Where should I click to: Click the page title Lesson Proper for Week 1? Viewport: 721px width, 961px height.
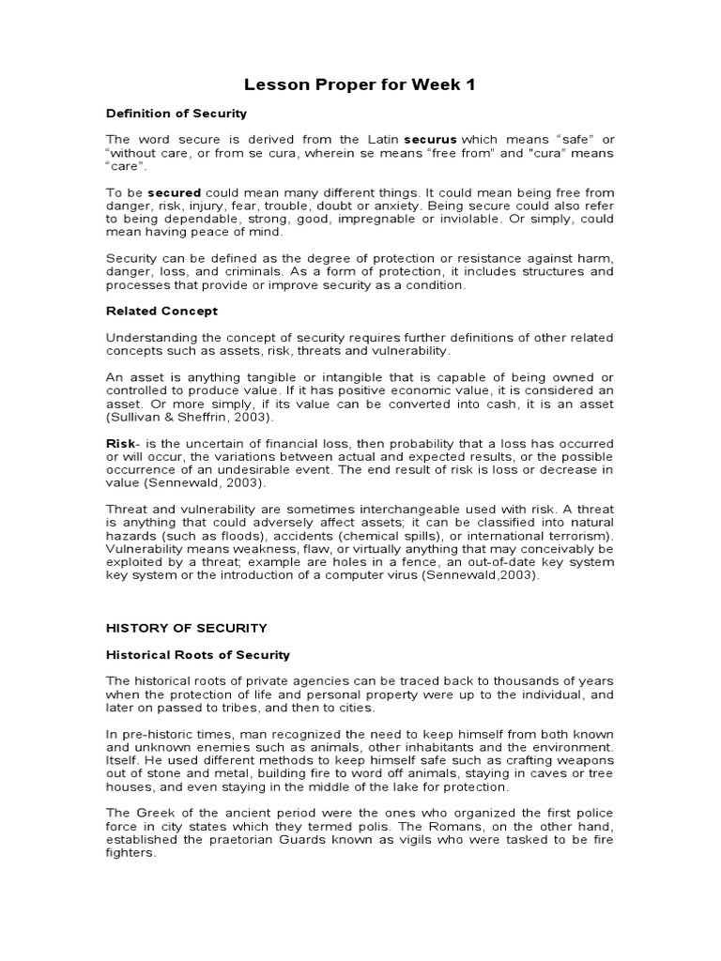click(360, 85)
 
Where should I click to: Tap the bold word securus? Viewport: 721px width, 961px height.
click(382, 139)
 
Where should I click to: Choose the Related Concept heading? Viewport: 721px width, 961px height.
click(161, 311)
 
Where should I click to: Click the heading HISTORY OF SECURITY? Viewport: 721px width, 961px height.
click(187, 628)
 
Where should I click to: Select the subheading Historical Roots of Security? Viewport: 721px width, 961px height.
click(198, 654)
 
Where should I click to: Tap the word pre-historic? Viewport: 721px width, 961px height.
click(155, 733)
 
